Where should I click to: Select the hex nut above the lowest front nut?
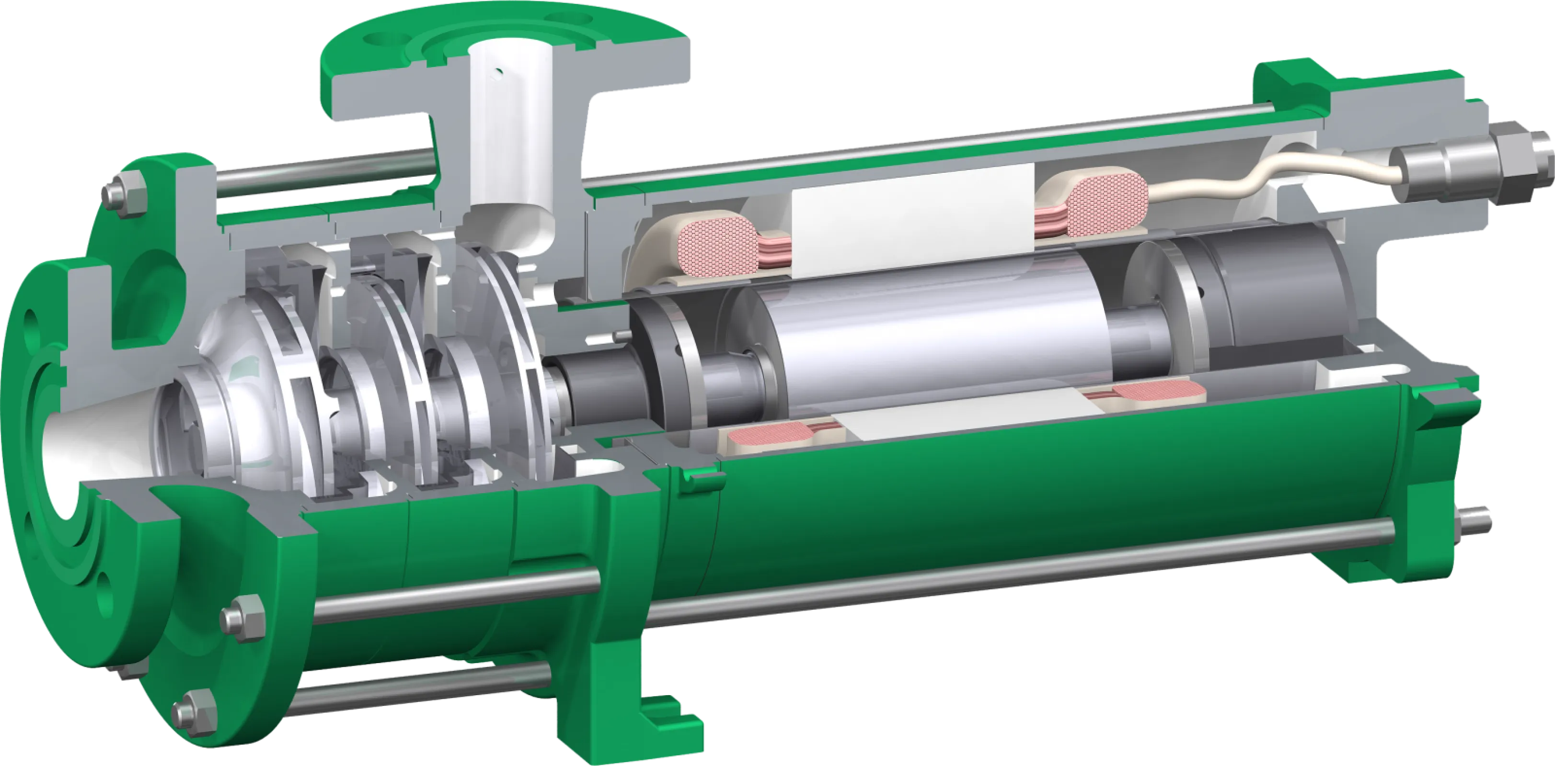[x=241, y=615]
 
